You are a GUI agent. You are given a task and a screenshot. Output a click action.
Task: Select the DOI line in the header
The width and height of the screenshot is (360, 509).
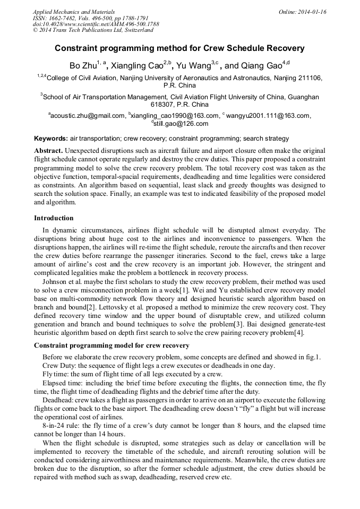pyautogui.click(x=96, y=24)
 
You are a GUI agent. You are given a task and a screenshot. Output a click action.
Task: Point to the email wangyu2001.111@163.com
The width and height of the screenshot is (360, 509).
pyautogui.click(x=268, y=116)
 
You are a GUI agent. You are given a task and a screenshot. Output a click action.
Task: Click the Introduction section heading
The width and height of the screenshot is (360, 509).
pyautogui.click(x=54, y=218)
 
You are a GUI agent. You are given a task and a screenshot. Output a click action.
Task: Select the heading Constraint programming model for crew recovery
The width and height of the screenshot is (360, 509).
pyautogui.click(x=112, y=345)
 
